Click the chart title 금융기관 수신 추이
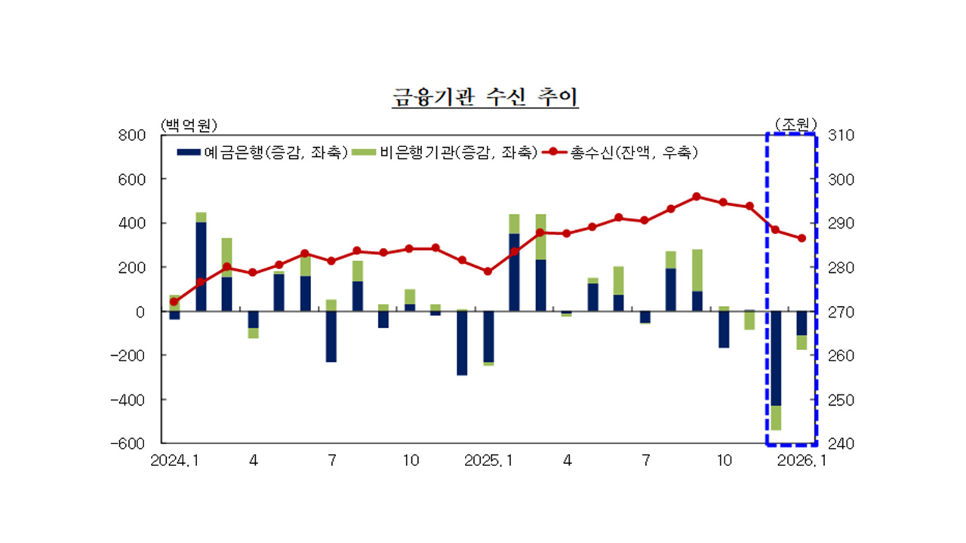tap(485, 98)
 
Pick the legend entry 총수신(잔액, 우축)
tap(621, 152)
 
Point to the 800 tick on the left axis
tap(133, 136)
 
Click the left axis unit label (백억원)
tap(188, 123)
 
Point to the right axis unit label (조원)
tap(795, 123)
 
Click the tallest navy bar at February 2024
tap(201, 266)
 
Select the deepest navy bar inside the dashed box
tap(775, 358)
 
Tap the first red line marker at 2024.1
tap(174, 302)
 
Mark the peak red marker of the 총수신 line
tap(697, 197)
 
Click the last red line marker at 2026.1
tap(801, 238)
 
